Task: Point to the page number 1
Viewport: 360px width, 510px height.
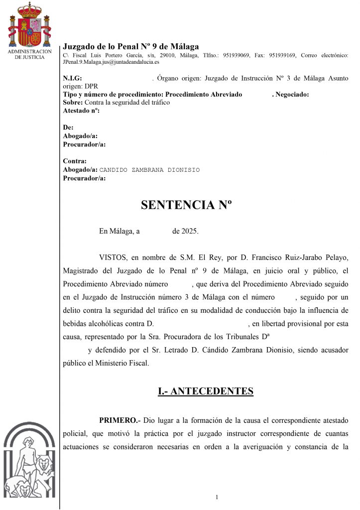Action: pyautogui.click(x=218, y=497)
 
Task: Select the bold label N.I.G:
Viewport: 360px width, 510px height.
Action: pyautogui.click(x=72, y=79)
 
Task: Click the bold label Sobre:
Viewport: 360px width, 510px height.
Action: pyautogui.click(x=73, y=102)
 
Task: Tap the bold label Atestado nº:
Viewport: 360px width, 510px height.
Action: pyautogui.click(x=81, y=110)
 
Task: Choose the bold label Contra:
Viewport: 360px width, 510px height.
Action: pyautogui.click(x=75, y=161)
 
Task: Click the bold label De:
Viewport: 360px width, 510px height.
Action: pyautogui.click(x=68, y=127)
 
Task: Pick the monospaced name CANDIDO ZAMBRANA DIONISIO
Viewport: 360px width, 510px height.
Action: pyautogui.click(x=149, y=170)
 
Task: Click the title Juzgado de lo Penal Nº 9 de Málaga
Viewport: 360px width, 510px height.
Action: pyautogui.click(x=131, y=46)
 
